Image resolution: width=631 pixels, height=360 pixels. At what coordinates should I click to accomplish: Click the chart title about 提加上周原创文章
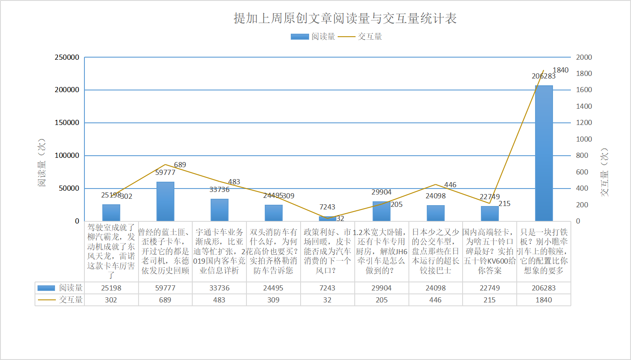(345, 18)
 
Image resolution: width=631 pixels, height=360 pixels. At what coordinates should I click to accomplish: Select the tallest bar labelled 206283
(544, 153)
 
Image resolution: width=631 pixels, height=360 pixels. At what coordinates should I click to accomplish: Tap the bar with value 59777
(165, 201)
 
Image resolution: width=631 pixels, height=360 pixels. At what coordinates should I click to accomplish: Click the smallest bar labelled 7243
(327, 219)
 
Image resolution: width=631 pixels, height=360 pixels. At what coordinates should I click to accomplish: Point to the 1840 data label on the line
(560, 70)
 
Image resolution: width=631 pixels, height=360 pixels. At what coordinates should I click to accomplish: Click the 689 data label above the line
(180, 165)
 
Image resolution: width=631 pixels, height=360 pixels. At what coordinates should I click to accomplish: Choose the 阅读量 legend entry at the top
(313, 37)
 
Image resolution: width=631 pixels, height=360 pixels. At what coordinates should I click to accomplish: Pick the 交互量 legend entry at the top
(360, 37)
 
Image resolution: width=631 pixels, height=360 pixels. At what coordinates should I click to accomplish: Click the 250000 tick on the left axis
(67, 57)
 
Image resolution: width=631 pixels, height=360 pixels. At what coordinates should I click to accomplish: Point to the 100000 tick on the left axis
(67, 156)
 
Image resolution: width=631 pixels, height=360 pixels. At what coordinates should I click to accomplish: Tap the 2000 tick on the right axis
(584, 57)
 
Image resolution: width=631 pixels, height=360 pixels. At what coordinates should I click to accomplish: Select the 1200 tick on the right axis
(584, 123)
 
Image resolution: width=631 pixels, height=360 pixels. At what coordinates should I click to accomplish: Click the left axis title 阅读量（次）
(41, 162)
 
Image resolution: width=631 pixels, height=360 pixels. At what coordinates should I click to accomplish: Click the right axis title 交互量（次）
(604, 172)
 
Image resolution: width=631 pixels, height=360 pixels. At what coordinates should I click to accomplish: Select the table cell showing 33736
(219, 288)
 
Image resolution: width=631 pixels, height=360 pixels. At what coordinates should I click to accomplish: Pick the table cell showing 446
(435, 300)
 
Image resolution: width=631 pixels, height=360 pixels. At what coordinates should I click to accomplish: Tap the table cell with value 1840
(544, 300)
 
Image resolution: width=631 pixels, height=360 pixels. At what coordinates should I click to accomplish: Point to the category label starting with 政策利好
(327, 251)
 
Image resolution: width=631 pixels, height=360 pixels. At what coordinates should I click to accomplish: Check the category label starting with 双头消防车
(273, 251)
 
